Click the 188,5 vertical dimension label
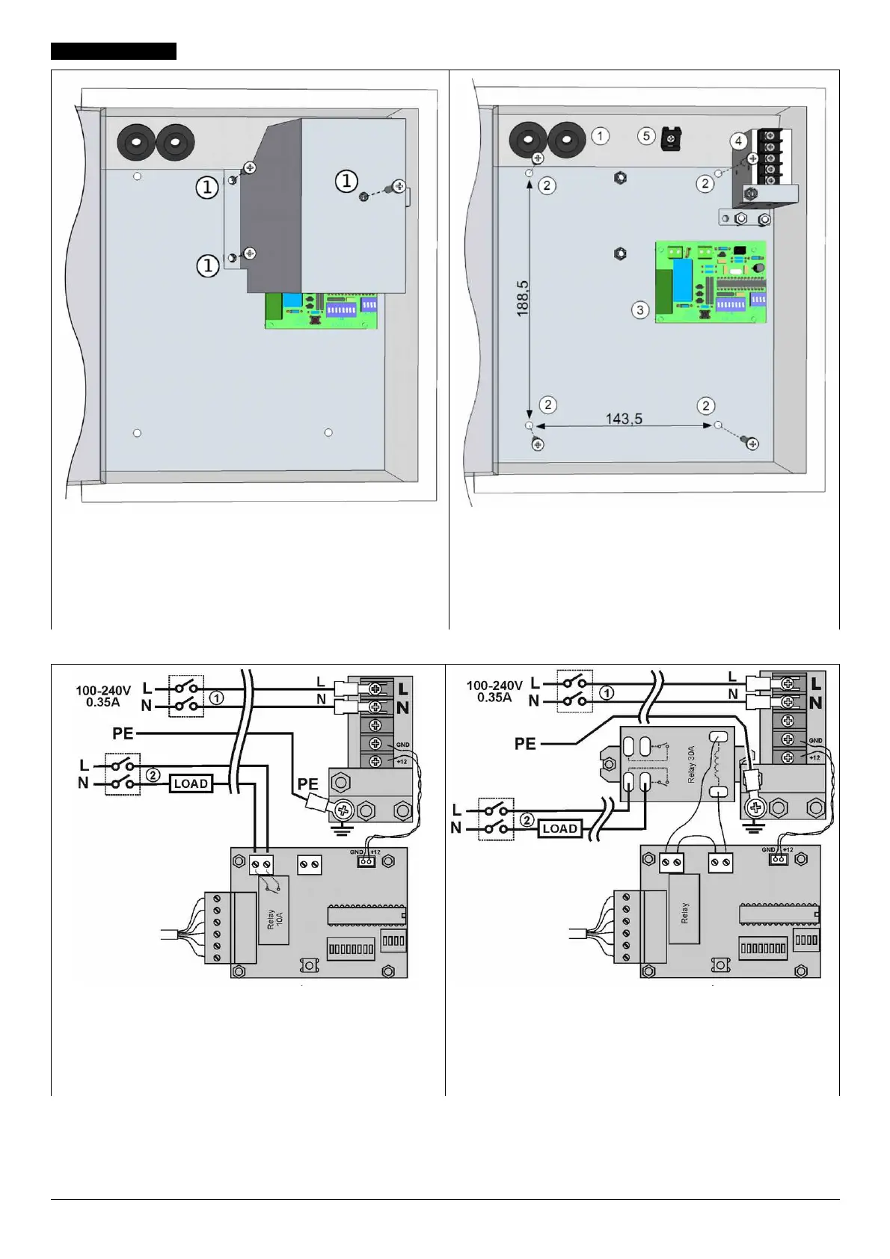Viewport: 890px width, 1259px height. [x=522, y=298]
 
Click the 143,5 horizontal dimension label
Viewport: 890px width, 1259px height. [x=624, y=419]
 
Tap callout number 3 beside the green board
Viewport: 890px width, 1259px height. [x=639, y=310]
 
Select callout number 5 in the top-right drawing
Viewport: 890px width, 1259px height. [x=646, y=136]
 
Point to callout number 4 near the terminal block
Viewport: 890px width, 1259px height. [x=738, y=141]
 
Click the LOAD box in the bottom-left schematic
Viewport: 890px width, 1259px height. [x=191, y=784]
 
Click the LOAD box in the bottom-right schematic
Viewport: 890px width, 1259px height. [x=559, y=828]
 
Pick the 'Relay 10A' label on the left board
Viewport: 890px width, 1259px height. [x=274, y=920]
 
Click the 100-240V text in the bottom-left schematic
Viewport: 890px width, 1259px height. [x=103, y=690]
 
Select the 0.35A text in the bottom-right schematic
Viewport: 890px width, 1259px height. [x=494, y=698]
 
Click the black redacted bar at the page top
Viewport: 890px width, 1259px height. [x=114, y=51]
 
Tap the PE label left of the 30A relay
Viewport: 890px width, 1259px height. [x=525, y=744]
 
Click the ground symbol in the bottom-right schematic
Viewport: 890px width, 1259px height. [x=754, y=827]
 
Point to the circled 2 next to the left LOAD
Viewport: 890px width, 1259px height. [x=153, y=775]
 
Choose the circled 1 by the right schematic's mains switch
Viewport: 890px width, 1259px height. [x=607, y=693]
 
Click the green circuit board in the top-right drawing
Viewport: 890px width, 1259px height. [x=711, y=281]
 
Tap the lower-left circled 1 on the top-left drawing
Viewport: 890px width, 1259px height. [x=208, y=265]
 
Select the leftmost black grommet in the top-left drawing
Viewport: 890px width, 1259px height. [x=135, y=141]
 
